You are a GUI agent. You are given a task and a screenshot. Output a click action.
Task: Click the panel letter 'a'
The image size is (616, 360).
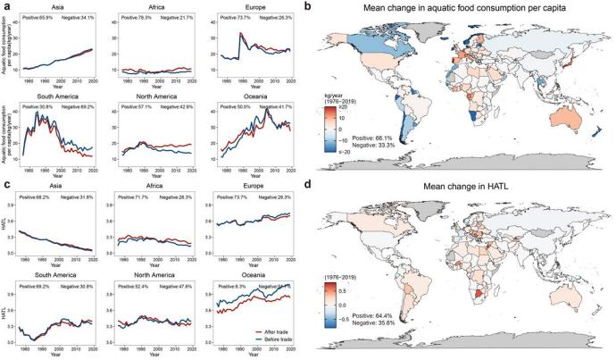(x=5, y=7)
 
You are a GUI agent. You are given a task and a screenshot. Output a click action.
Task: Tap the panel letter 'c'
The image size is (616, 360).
(x=5, y=186)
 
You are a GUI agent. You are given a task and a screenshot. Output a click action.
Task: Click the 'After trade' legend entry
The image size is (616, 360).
(x=265, y=330)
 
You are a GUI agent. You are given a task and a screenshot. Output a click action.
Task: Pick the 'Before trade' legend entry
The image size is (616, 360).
(x=267, y=338)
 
